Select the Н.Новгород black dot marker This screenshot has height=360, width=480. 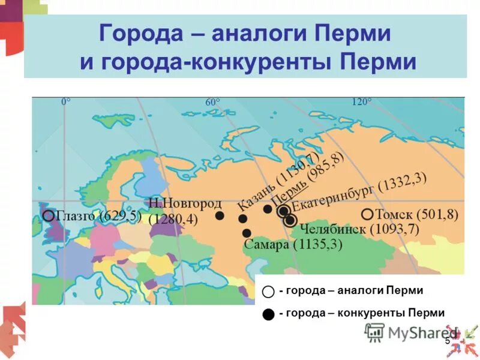pos(220,215)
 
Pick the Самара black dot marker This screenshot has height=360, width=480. pos(247,233)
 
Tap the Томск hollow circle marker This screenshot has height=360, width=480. pos(367,214)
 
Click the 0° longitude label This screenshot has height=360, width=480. pos(66,102)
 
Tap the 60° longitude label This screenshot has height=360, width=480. pos(212,103)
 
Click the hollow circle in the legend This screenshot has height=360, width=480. pos(268,292)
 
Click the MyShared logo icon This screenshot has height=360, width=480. pos(374,332)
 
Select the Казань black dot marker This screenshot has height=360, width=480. pos(242,219)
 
